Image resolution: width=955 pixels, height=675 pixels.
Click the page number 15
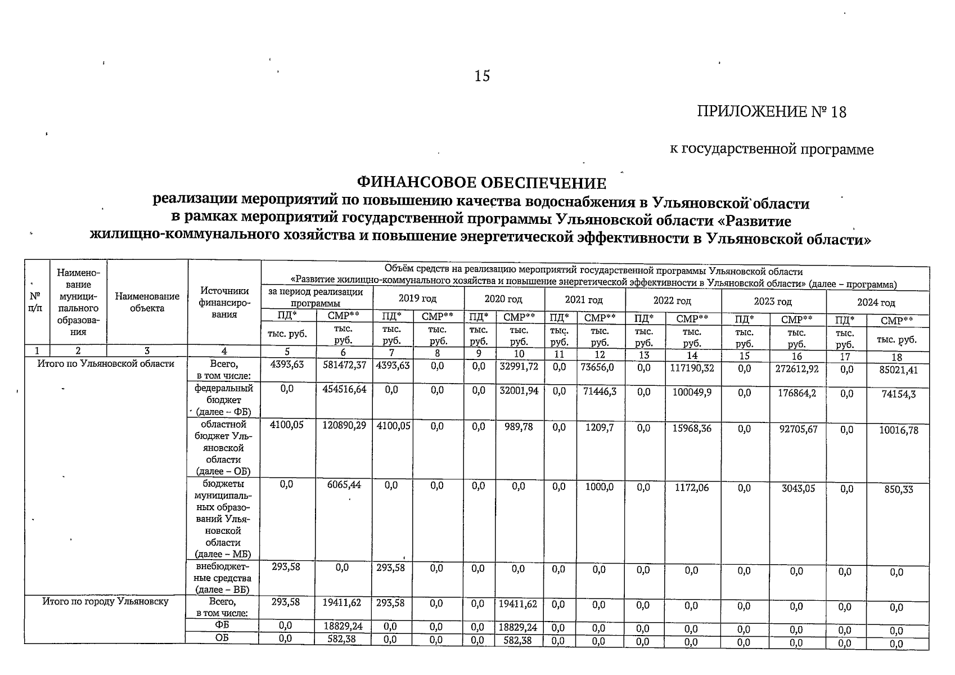[482, 76]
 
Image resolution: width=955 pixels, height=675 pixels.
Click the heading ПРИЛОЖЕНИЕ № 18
[771, 112]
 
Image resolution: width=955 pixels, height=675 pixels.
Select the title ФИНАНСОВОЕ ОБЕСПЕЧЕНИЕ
[482, 183]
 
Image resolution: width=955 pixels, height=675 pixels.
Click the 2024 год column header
[876, 303]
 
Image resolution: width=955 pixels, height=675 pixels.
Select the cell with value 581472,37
[344, 366]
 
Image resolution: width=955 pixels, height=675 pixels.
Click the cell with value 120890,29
[344, 426]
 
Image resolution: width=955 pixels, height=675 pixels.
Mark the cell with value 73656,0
[600, 366]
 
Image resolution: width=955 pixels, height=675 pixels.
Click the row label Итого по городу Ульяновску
[106, 602]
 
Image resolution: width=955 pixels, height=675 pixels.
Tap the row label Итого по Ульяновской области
[106, 364]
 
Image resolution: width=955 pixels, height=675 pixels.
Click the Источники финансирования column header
[224, 303]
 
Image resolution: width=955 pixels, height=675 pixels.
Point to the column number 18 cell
[897, 357]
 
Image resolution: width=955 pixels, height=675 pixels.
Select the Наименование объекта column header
[147, 302]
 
